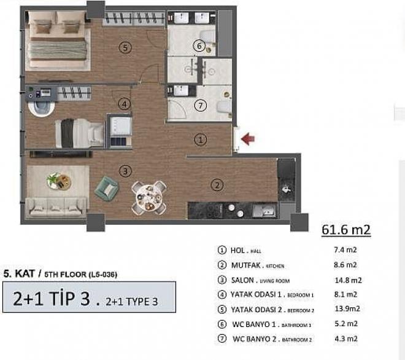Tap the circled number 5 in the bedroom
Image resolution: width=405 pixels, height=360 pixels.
[x=125, y=47]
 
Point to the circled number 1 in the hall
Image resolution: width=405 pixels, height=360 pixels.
[x=201, y=139]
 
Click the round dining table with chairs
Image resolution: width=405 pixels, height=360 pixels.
[x=148, y=197]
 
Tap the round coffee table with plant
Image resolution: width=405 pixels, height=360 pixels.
[x=58, y=181]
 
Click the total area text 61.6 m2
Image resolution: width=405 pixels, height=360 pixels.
[x=346, y=230]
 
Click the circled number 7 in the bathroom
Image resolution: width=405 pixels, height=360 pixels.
[x=199, y=106]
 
